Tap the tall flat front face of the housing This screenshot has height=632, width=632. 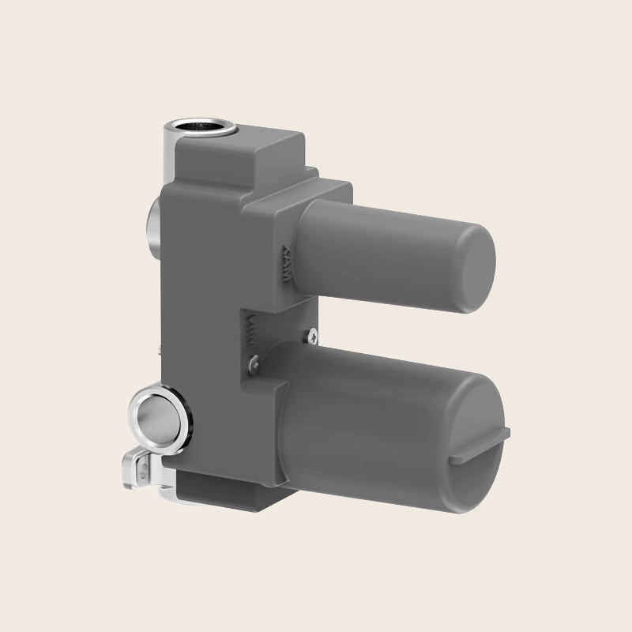(x=201, y=316)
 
